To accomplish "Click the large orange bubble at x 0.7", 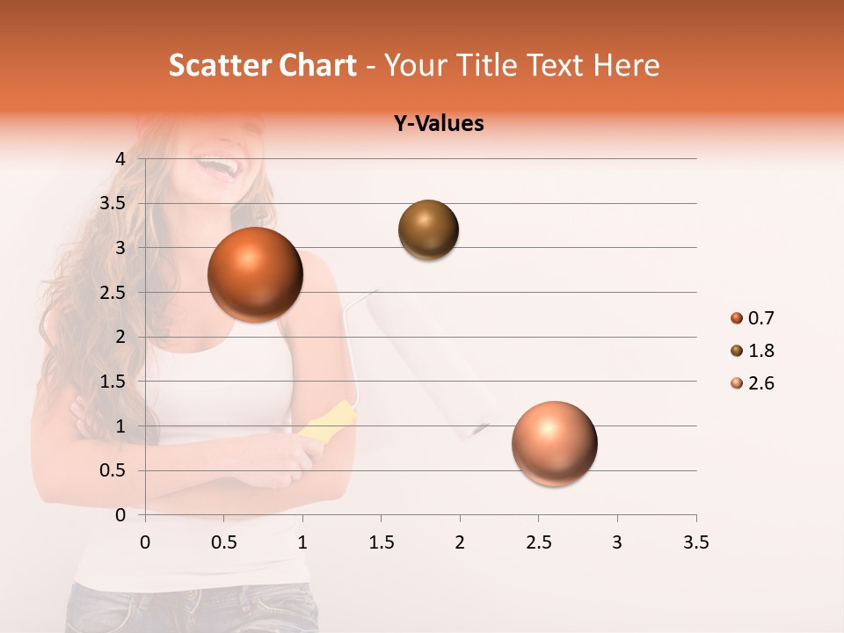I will point(256,274).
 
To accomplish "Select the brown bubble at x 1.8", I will point(428,229).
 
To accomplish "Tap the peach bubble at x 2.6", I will point(554,443).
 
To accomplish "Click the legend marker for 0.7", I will point(737,318).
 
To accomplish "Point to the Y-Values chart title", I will point(438,124).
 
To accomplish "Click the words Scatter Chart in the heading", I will point(262,65).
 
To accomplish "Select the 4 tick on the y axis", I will point(120,159).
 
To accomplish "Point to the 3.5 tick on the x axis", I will point(695,542).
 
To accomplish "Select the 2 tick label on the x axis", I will point(460,542).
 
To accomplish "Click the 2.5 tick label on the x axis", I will point(538,542).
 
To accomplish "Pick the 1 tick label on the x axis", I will point(302,542).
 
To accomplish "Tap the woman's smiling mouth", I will point(217,166).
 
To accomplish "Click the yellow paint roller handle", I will point(327,421).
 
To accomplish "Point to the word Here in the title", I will point(626,65).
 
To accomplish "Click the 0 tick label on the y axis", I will point(120,515).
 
